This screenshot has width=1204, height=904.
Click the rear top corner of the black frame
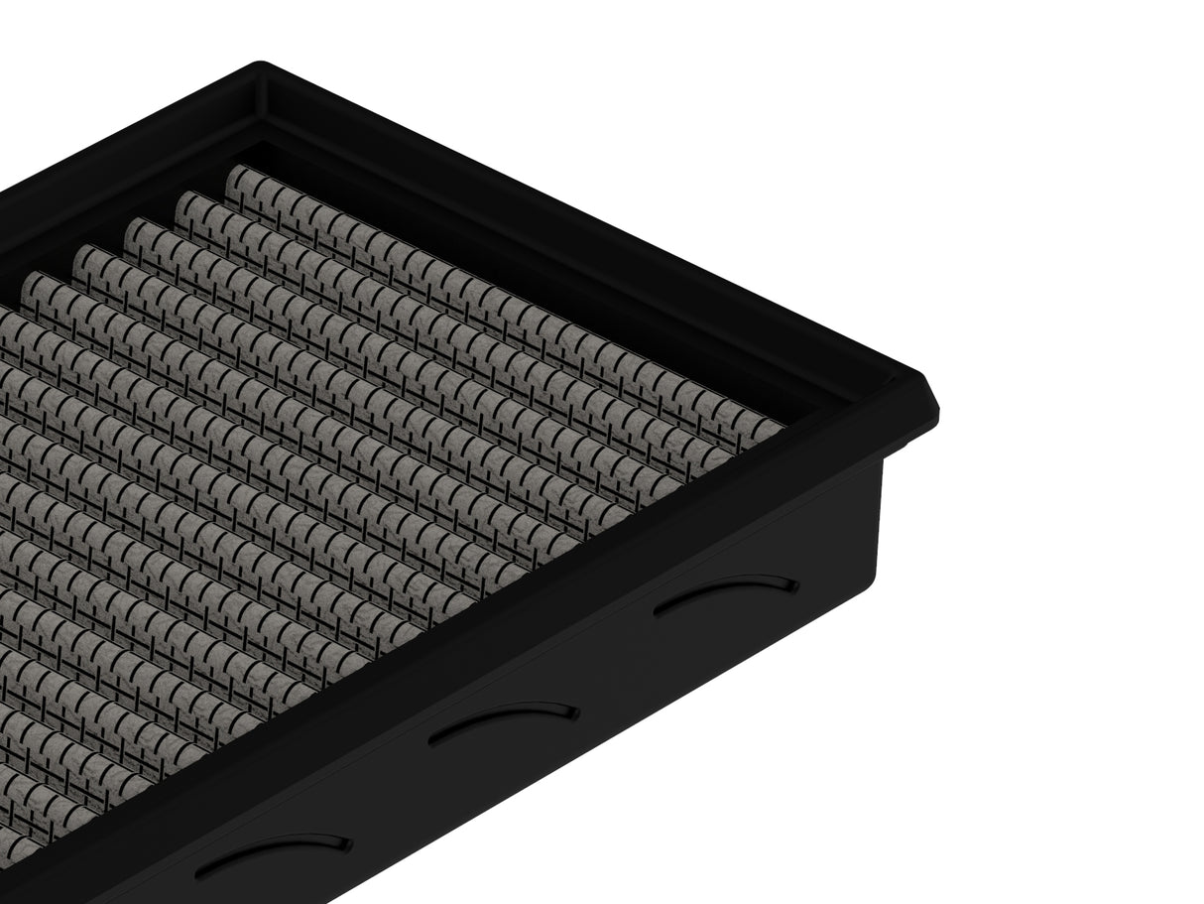coord(260,65)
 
